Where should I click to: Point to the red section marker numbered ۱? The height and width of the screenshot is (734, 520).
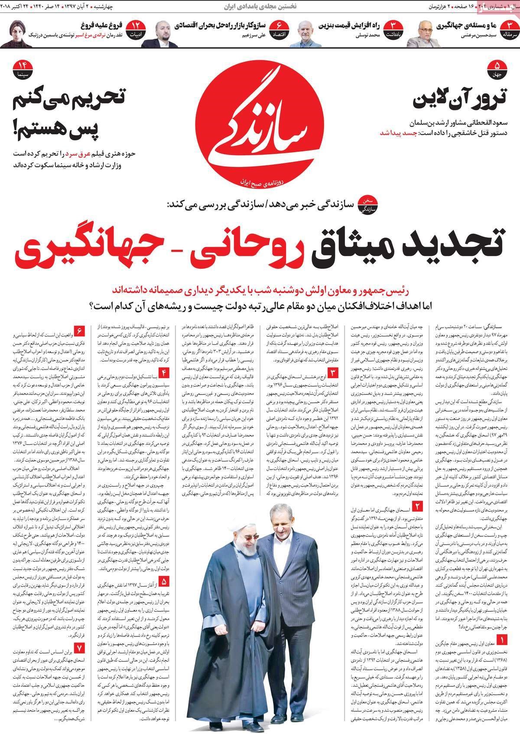tap(502, 639)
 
